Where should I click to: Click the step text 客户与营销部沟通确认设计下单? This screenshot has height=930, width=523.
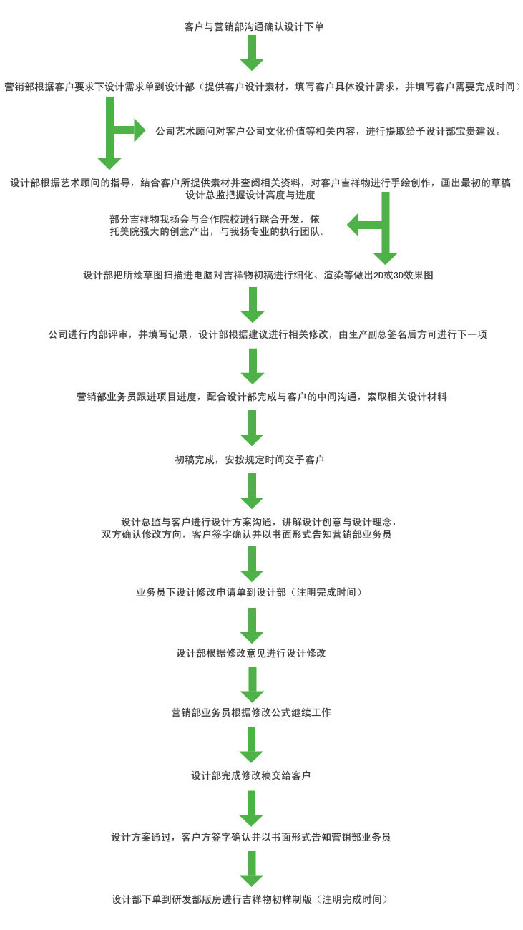(x=254, y=27)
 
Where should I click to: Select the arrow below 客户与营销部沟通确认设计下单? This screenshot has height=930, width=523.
(x=252, y=53)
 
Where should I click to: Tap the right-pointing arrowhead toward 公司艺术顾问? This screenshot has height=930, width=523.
(x=140, y=130)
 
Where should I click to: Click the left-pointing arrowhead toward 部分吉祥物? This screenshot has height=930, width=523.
(x=353, y=225)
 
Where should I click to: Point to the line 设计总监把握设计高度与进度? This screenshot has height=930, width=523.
(x=250, y=195)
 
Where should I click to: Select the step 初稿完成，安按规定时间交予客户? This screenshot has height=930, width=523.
(x=249, y=460)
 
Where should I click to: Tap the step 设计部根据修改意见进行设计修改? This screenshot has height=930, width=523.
(x=251, y=653)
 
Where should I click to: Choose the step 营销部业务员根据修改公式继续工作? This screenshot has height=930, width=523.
(x=251, y=712)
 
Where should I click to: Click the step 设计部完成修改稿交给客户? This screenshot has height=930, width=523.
(x=251, y=775)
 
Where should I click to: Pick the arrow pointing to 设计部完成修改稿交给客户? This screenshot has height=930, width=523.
(x=251, y=745)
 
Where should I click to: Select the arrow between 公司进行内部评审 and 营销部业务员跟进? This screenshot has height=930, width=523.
(x=253, y=366)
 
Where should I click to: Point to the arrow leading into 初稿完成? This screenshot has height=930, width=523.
(x=252, y=428)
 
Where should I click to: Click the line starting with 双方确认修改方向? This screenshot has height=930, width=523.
(x=247, y=534)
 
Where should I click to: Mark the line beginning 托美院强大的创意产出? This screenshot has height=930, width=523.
(x=217, y=231)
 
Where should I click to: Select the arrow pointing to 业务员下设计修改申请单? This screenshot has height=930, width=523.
(x=252, y=564)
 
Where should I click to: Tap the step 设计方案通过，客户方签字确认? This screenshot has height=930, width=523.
(x=250, y=837)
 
